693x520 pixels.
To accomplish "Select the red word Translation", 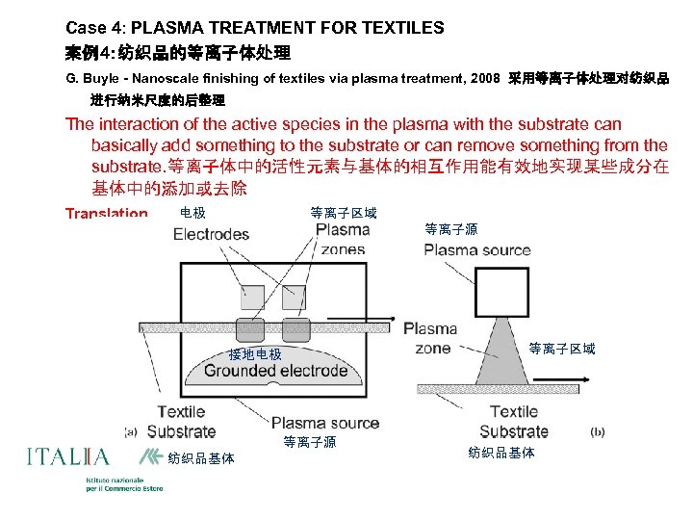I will pos(107,214).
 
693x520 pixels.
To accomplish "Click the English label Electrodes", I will pos(211,234).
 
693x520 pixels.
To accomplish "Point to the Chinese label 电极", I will pos(192,212).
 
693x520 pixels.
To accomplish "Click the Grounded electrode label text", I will pos(275,371).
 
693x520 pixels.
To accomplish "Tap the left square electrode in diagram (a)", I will pos(252,298).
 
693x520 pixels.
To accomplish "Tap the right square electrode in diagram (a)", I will pos(294,298).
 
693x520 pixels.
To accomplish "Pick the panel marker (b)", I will pos(597,432).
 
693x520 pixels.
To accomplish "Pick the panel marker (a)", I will pos(131,431).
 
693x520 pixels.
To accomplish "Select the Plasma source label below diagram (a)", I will pos(325,423).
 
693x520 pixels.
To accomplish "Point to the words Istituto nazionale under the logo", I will pos(115,480).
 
